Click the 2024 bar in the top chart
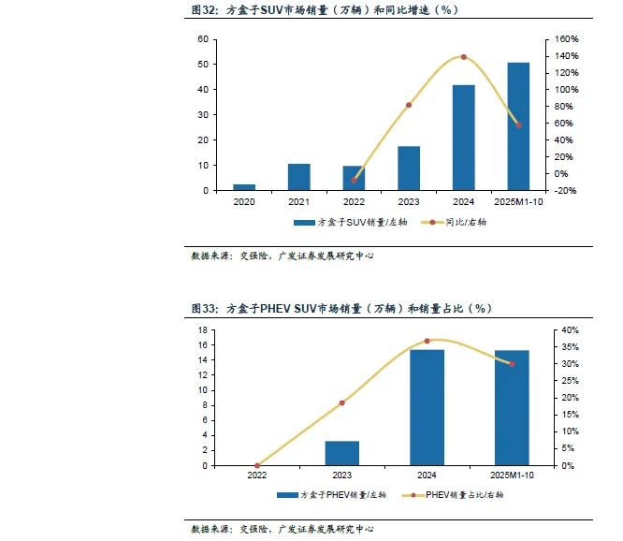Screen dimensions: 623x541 464,138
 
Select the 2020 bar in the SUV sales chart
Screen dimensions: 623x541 244,187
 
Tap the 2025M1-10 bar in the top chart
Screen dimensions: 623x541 518,126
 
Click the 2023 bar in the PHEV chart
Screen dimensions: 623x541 342,453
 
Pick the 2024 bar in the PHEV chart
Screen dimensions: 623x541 427,407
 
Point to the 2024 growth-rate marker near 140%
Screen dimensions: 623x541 464,57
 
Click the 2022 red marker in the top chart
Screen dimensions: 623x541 354,181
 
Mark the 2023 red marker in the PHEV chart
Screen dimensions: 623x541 342,402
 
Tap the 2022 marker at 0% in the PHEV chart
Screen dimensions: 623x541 257,465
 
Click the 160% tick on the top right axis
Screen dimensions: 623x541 567,39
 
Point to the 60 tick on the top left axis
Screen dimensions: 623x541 203,39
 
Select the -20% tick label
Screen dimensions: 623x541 565,191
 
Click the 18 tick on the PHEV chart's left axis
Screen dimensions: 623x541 203,329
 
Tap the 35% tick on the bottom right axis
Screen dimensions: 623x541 571,347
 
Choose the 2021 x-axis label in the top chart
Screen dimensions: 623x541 298,202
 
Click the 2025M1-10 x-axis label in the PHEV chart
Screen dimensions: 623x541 512,475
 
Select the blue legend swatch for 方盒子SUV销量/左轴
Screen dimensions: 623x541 304,223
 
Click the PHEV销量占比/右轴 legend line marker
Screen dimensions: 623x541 413,495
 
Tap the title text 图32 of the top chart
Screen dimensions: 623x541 204,10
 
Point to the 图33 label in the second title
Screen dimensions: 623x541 204,309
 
